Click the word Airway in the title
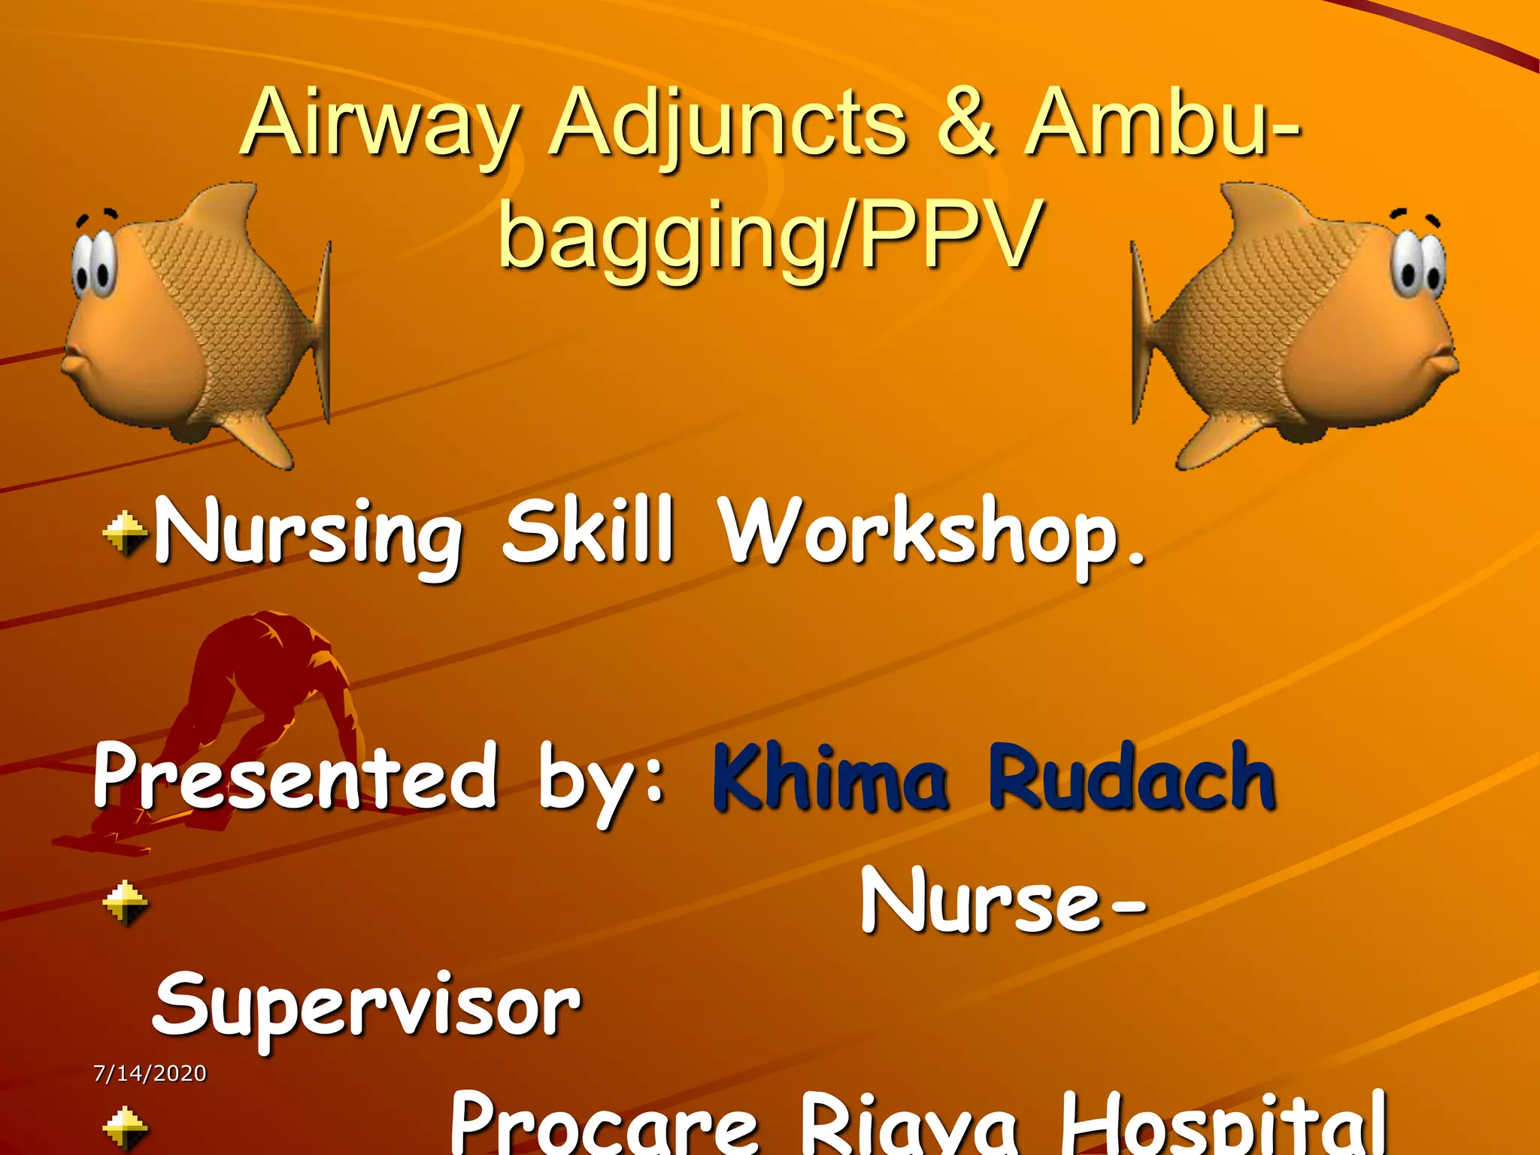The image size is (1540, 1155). coord(380,124)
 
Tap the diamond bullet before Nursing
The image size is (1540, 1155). coord(125,534)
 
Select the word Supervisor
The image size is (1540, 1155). coord(367,1008)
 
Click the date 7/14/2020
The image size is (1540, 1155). coord(150,1073)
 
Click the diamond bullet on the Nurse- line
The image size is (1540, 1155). coord(125,902)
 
